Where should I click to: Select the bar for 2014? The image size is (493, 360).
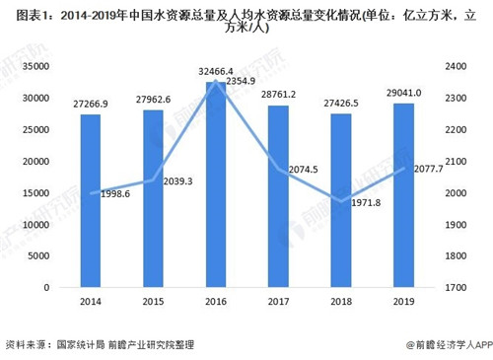[90, 201]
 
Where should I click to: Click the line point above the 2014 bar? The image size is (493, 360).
[90, 193]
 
